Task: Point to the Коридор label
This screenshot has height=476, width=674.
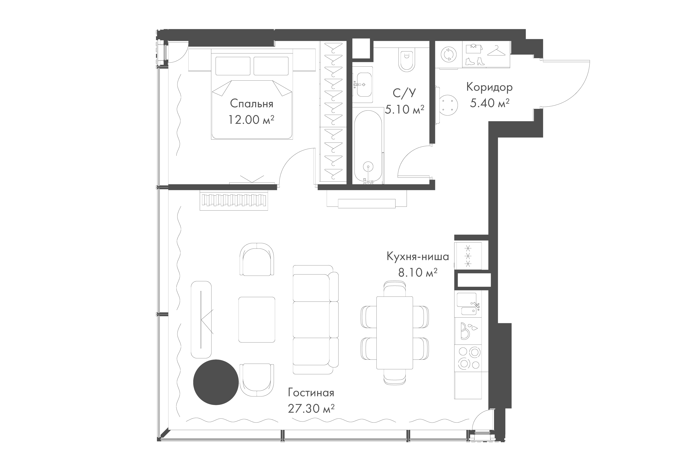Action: point(489,87)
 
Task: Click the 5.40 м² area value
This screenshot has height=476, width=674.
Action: point(489,103)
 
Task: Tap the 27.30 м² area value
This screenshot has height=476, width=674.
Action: point(311,408)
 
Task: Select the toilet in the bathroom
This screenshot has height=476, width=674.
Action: point(407,61)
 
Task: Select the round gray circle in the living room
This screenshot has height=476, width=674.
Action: point(216,382)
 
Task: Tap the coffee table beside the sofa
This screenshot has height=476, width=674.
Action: point(257,319)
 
